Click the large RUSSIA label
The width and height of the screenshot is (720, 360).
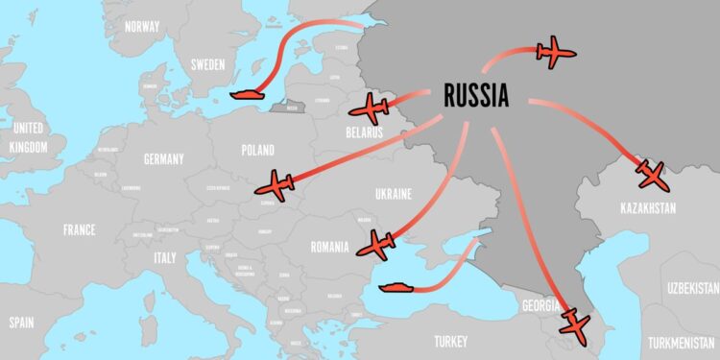pyautogui.click(x=476, y=95)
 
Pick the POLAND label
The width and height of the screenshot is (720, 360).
pyautogui.click(x=257, y=150)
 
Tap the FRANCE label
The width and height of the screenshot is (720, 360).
pyautogui.click(x=79, y=230)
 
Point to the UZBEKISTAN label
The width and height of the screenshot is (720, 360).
pyautogui.click(x=693, y=288)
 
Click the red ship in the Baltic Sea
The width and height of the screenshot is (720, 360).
pyautogui.click(x=248, y=94)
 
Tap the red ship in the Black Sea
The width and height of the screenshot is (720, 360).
pyautogui.click(x=396, y=285)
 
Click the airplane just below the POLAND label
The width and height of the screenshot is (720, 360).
pyautogui.click(x=278, y=184)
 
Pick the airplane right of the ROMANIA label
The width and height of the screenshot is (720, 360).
pyautogui.click(x=376, y=245)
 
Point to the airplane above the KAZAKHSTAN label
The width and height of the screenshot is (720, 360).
pyautogui.click(x=651, y=174)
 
